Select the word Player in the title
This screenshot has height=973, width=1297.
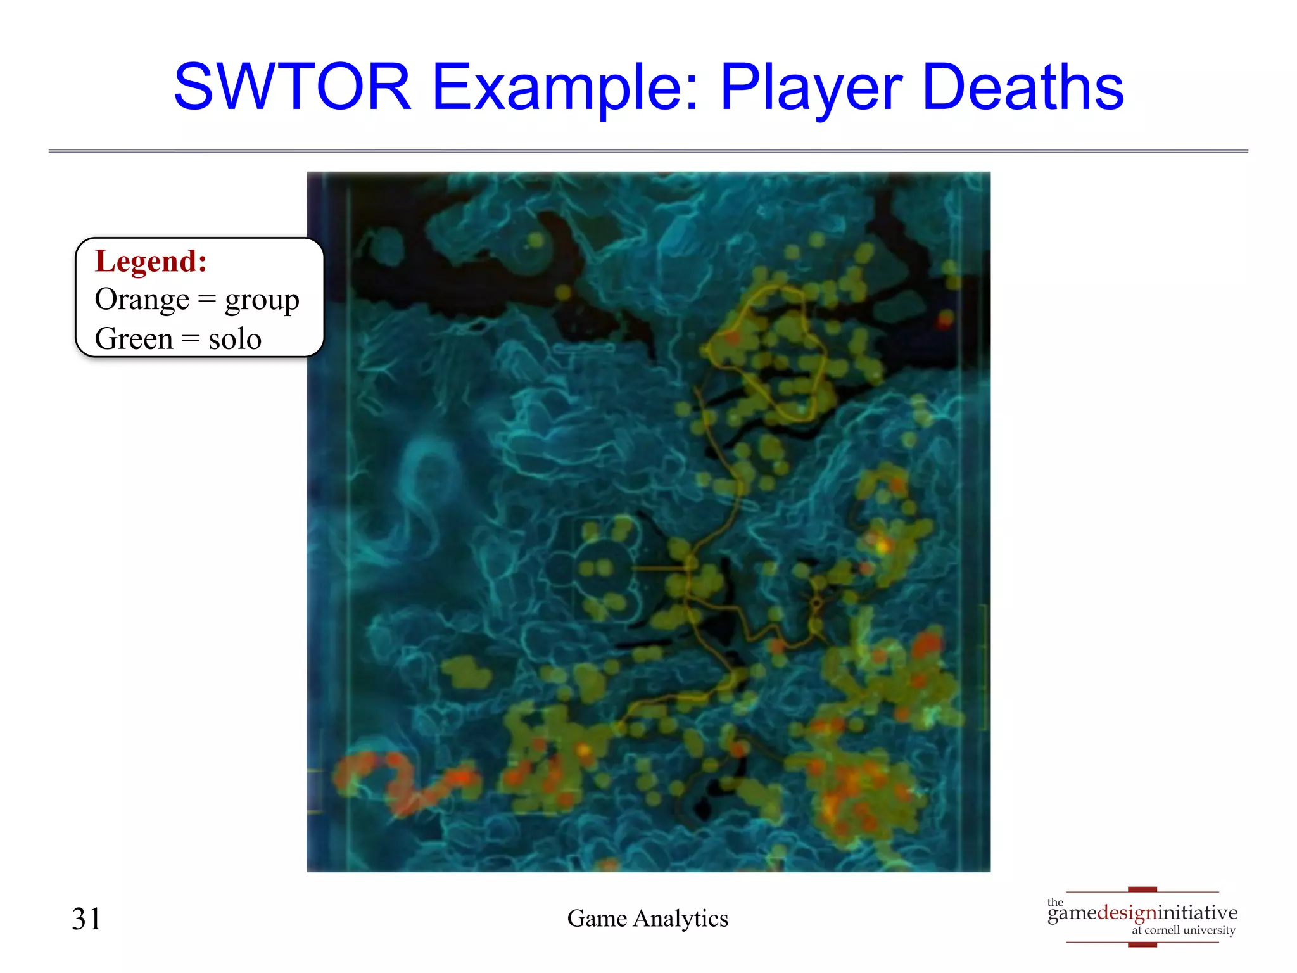click(x=811, y=88)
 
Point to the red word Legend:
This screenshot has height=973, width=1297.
click(x=151, y=261)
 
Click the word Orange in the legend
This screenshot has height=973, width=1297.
click(x=142, y=300)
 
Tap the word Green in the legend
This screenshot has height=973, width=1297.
click(x=134, y=338)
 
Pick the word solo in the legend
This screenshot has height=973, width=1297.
click(x=235, y=338)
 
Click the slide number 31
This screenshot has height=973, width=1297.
click(x=86, y=919)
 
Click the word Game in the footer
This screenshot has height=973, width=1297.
click(x=597, y=918)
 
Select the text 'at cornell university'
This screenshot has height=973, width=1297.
click(x=1183, y=930)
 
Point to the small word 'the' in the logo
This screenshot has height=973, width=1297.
click(x=1055, y=902)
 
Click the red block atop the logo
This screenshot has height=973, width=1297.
click(x=1142, y=890)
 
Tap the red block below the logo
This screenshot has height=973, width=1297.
click(x=1142, y=944)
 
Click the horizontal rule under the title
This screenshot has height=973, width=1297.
click(x=648, y=151)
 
